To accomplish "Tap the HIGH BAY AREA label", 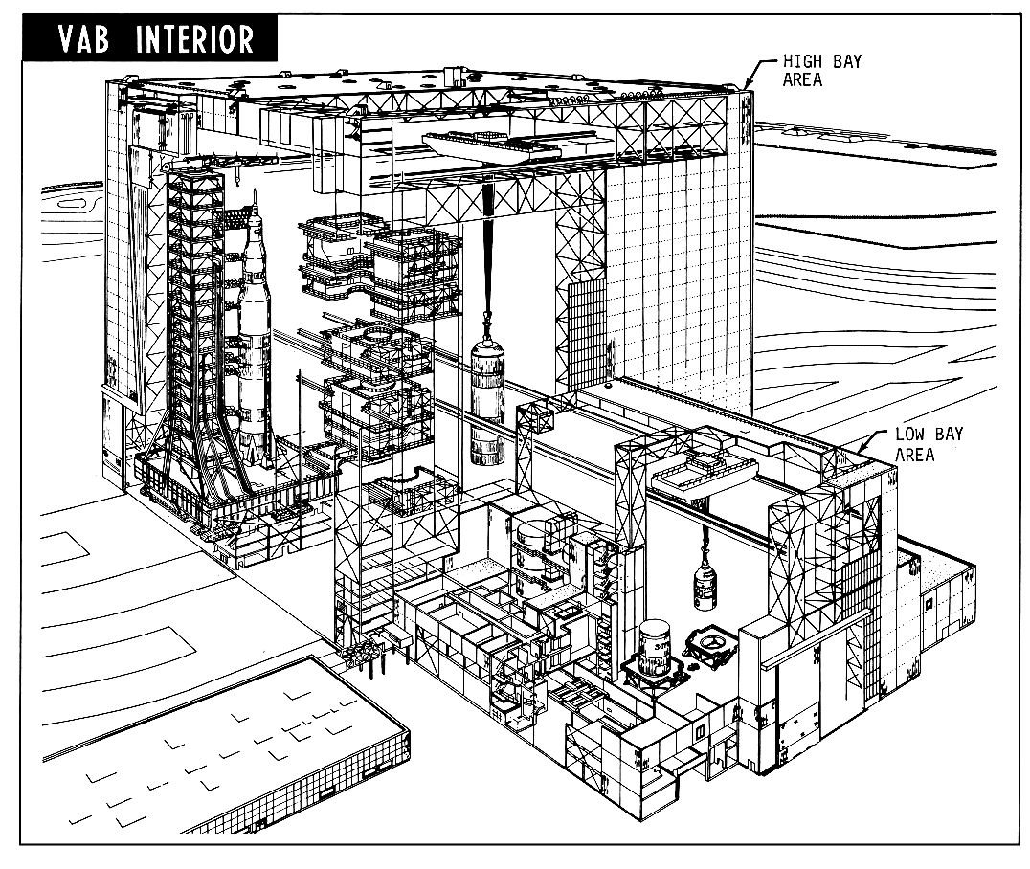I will [x=809, y=70].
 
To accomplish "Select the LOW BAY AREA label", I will [x=929, y=444].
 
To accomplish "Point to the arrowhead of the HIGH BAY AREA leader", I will [x=746, y=86].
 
